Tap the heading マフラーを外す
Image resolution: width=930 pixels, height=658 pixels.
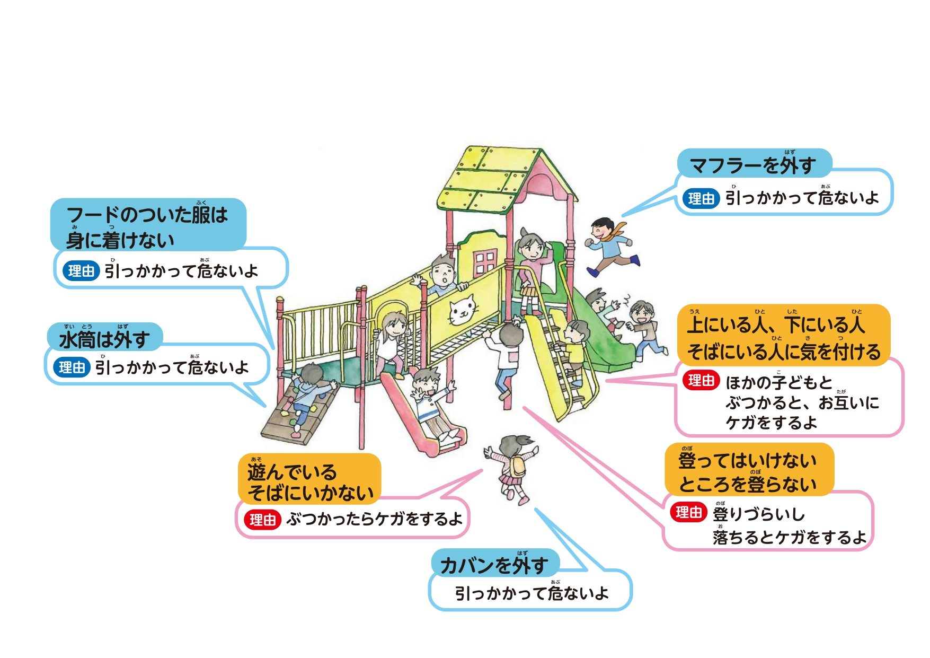[753, 165]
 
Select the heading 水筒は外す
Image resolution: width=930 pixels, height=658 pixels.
[104, 339]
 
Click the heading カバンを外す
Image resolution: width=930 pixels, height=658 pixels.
[494, 565]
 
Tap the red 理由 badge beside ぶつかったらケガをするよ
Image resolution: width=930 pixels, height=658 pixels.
[262, 520]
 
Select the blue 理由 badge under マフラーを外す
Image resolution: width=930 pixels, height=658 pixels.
[701, 199]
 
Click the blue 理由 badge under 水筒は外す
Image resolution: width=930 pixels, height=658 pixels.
[72, 367]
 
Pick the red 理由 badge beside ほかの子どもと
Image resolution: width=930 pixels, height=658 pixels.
[701, 381]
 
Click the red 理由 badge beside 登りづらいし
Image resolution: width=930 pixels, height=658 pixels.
[688, 513]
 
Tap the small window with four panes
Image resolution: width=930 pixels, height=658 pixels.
[485, 262]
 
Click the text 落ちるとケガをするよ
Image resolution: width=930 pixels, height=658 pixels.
[789, 538]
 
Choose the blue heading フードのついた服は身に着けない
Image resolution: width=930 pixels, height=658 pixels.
[147, 226]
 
